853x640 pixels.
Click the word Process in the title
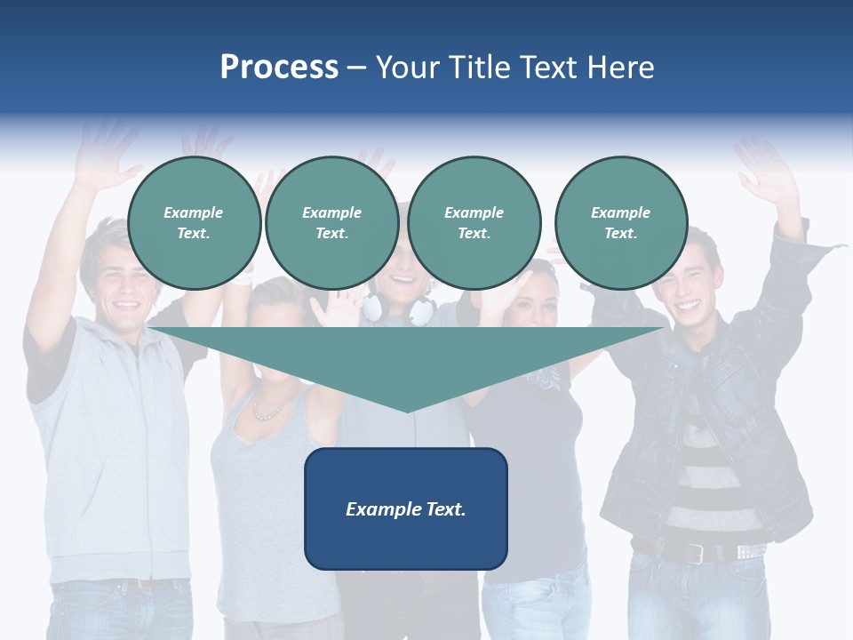(279, 68)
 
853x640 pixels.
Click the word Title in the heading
(478, 68)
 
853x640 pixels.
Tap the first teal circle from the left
(194, 222)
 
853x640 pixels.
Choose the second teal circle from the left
(331, 222)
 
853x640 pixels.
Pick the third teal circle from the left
(474, 222)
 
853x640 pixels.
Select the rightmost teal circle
(620, 222)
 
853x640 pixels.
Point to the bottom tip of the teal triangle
(407, 411)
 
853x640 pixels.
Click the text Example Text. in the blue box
(406, 509)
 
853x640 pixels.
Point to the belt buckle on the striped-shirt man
(694, 552)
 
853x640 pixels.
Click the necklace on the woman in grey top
(267, 412)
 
